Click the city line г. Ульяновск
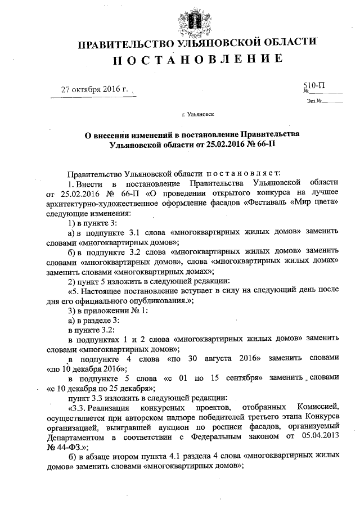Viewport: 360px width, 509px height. click(197, 114)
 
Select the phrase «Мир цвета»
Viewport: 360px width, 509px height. click(314, 204)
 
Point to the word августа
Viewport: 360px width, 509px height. click(221, 358)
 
